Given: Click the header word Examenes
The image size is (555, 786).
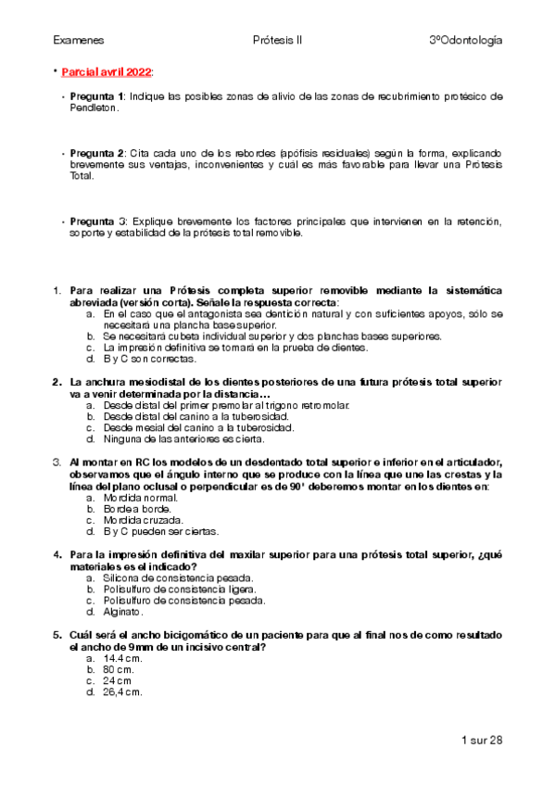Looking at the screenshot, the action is click(78, 41).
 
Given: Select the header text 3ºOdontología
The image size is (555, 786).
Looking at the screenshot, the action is click(466, 41).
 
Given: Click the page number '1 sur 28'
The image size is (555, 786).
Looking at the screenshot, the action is click(481, 740).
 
